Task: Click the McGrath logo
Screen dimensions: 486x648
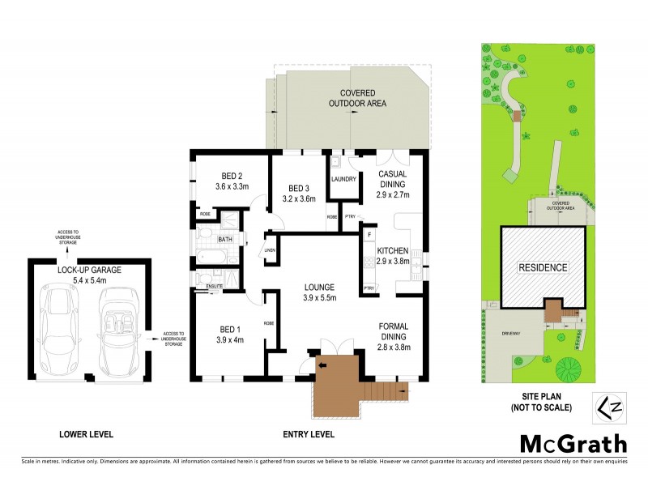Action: pos(573,443)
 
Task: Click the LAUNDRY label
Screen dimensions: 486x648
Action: pos(343,179)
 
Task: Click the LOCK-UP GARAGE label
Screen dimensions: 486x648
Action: pos(88,270)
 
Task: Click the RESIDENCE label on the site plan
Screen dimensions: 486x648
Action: pos(542,267)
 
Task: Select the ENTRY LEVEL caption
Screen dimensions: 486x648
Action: pos(309,434)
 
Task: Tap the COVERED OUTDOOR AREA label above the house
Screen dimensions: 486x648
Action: pos(356,98)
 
